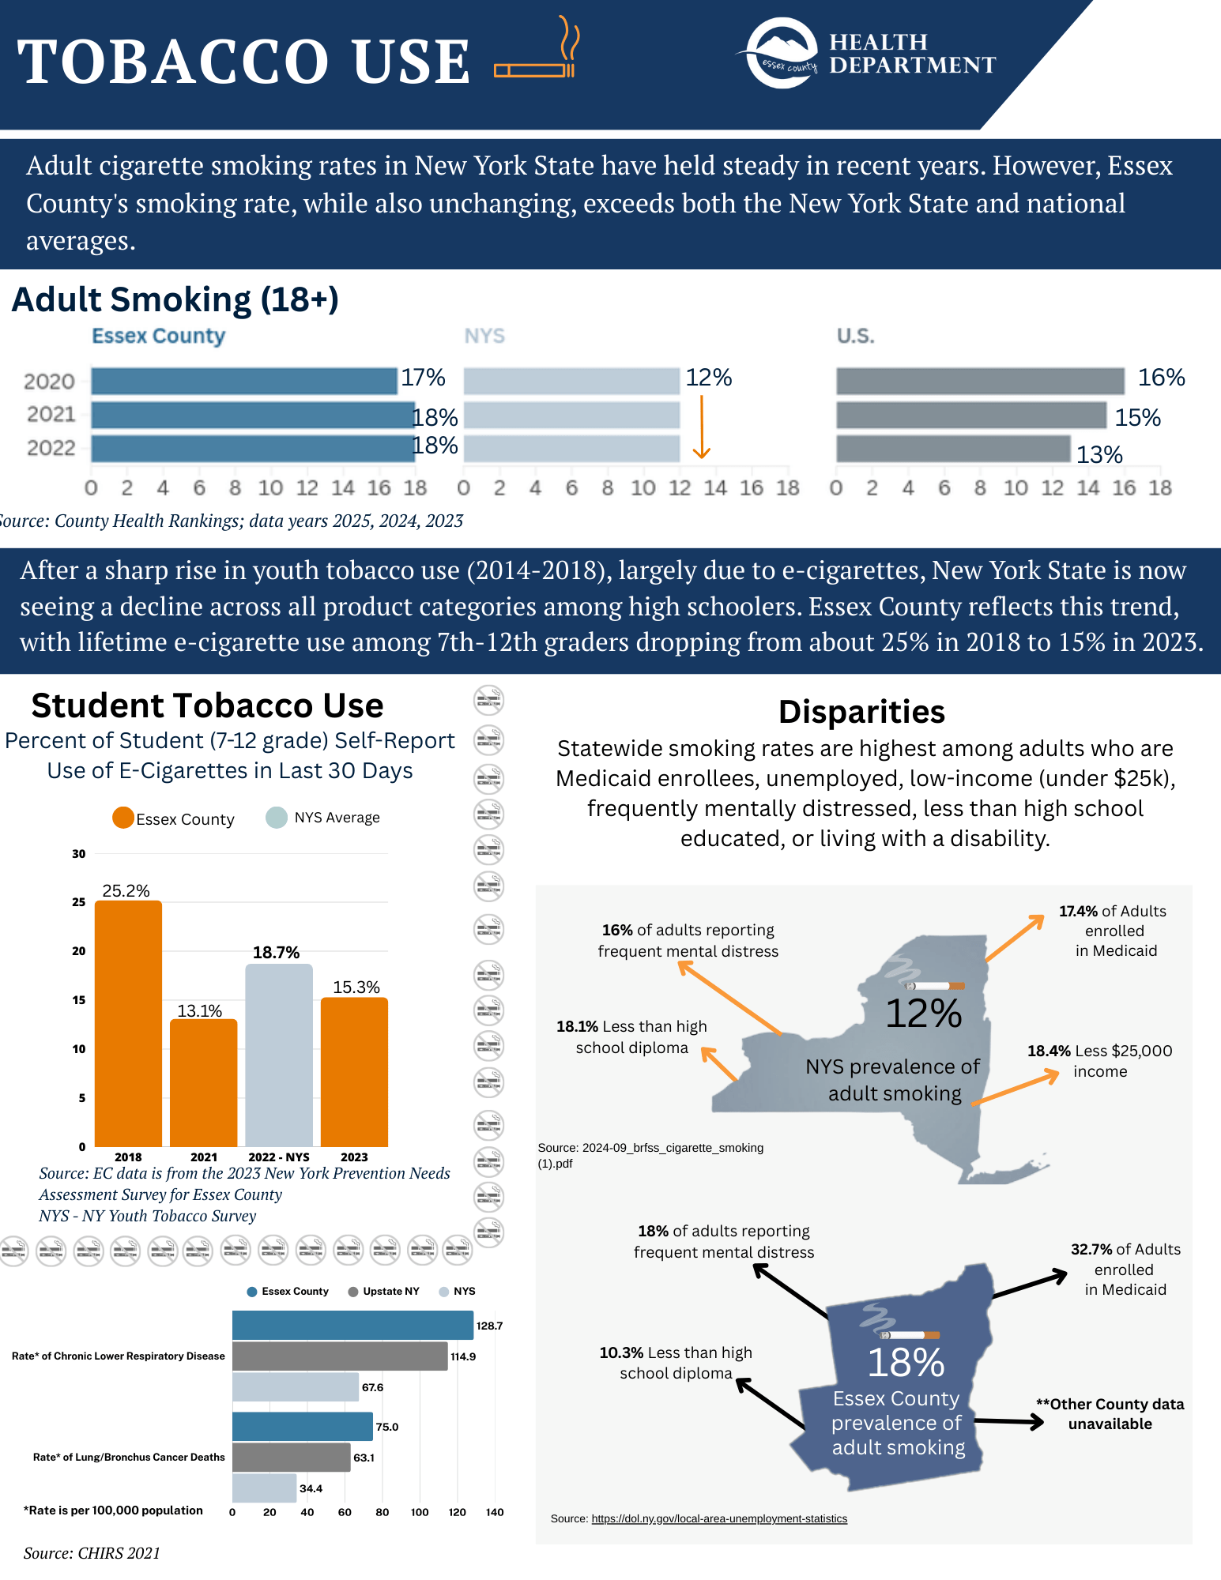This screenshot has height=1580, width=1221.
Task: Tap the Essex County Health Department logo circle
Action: coord(782,53)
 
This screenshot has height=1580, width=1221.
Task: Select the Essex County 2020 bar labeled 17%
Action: coord(243,381)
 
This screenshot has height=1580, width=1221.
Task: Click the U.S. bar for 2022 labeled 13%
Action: coord(953,449)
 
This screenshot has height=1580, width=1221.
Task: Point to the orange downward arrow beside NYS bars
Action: coord(702,427)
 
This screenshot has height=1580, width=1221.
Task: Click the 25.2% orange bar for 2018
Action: coord(128,1023)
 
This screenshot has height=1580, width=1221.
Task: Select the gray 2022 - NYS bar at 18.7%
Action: coord(279,1055)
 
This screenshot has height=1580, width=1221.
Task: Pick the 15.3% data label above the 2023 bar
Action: coord(356,987)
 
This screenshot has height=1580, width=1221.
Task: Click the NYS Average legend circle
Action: coord(277,818)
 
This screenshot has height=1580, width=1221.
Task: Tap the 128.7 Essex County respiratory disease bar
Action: coord(352,1325)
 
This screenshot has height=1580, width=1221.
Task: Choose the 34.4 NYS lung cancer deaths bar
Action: coord(264,1488)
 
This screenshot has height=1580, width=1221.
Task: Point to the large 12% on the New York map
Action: coord(923,1014)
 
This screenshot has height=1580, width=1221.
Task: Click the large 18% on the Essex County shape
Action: coord(906,1363)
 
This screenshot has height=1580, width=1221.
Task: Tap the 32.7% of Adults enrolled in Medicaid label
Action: coord(1125,1269)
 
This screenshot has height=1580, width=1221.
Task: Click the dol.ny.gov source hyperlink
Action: coord(719,1518)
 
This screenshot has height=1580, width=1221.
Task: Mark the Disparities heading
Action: coord(861,712)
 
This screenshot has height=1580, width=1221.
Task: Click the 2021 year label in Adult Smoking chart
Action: coord(51,414)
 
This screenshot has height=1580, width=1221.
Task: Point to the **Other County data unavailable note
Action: coord(1110,1413)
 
